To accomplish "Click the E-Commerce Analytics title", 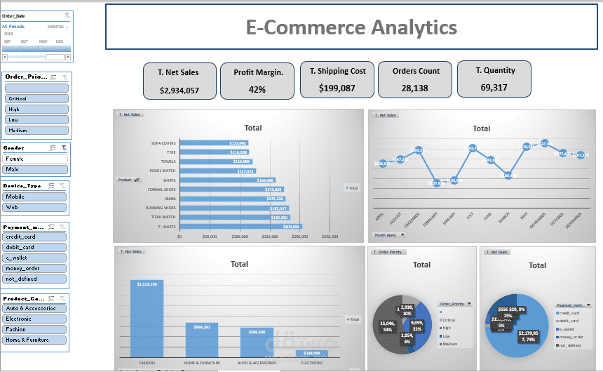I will point(351,27).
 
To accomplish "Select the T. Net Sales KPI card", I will point(179,80).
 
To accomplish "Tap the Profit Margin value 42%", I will point(257,90).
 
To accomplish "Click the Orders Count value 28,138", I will point(416,88).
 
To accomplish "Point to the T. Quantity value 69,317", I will point(494,88).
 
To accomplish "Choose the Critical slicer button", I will point(36,99).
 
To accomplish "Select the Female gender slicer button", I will point(36,159).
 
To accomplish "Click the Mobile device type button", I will point(36,197).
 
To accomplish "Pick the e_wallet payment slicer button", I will point(36,258).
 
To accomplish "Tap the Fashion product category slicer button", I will point(36,329).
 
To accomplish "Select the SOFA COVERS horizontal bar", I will point(213,143).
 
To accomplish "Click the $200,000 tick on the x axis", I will point(299,237).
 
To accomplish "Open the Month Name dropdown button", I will point(388,235).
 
